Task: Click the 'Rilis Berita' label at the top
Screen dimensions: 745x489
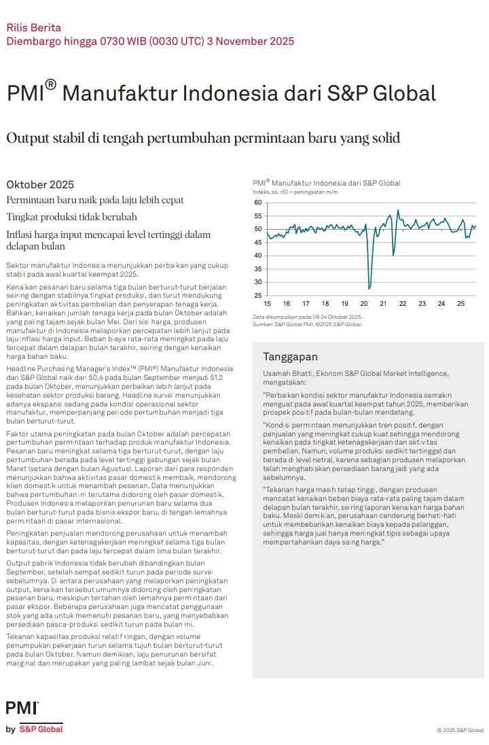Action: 33,28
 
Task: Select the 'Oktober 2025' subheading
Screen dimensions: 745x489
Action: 40,185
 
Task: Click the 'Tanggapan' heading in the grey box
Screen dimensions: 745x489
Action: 290,357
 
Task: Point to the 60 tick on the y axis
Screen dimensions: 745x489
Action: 257,203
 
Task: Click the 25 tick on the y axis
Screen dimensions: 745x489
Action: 257,296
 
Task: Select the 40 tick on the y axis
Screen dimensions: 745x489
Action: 257,256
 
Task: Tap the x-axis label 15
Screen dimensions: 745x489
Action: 267,304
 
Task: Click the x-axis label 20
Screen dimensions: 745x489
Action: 364,304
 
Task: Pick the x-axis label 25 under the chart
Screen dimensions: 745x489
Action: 460,304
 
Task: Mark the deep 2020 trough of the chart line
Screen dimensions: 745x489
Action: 369,288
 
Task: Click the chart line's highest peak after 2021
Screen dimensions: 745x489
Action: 398,211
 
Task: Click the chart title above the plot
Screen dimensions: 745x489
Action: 326,183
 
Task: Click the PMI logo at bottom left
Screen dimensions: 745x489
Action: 22,708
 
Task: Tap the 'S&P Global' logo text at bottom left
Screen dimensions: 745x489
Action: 41,729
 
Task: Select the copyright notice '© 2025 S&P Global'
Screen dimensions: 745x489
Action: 460,731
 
